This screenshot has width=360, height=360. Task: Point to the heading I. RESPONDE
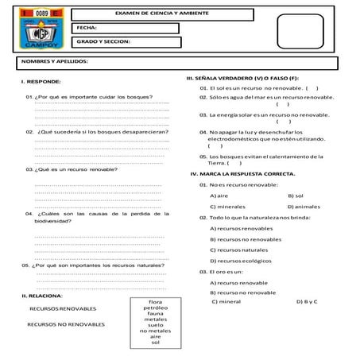click(41, 82)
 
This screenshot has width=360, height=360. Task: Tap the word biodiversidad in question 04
click(58, 223)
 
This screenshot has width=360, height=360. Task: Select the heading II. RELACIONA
click(42, 295)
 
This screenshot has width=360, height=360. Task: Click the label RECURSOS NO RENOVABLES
click(66, 325)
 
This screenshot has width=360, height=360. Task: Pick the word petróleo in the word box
click(156, 308)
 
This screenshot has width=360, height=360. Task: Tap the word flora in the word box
click(156, 301)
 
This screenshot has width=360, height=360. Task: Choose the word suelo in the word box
click(156, 325)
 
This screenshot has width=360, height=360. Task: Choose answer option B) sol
click(296, 195)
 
